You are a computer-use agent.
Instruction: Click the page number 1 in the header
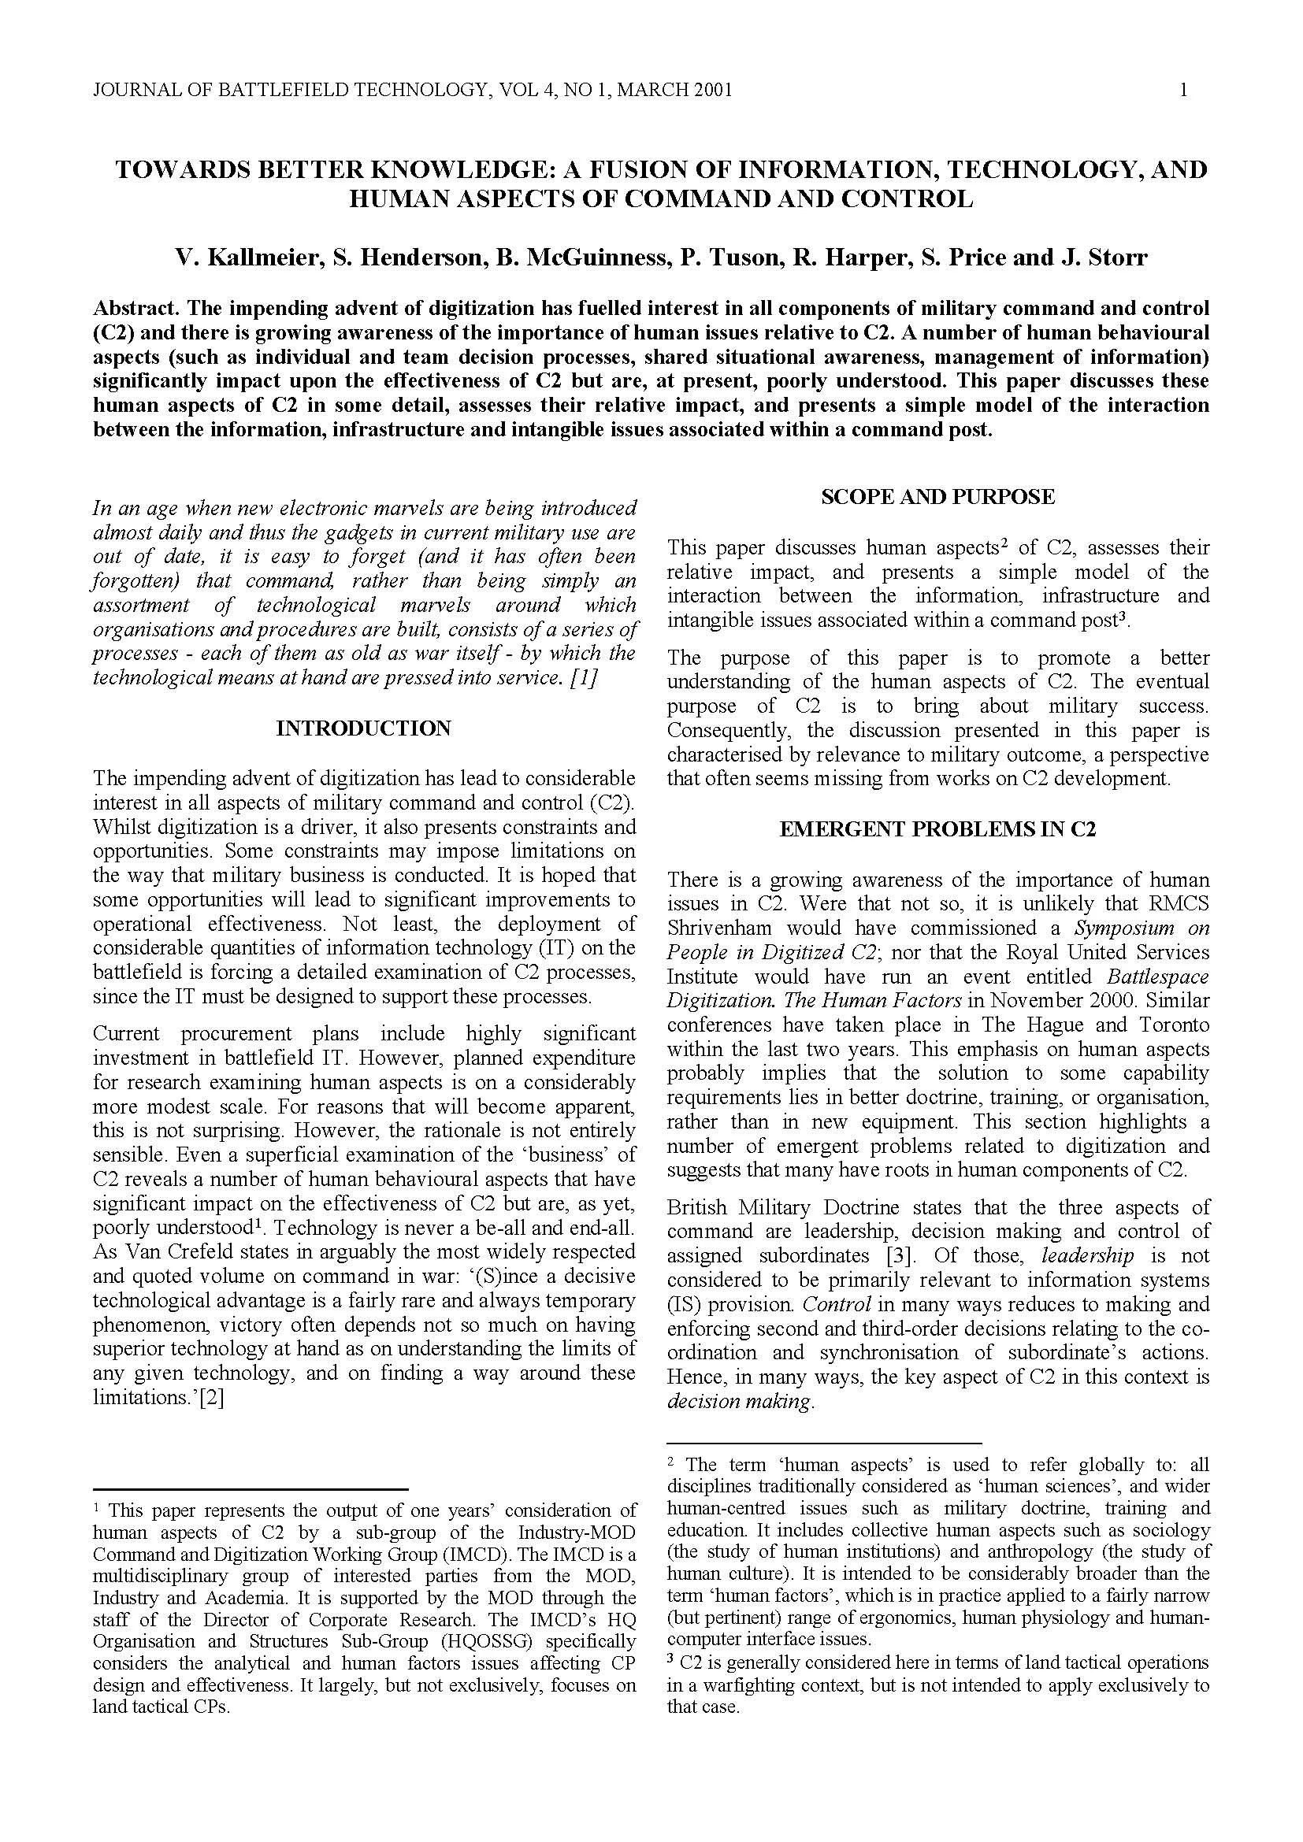(1183, 90)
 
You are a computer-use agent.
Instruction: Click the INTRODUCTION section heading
(363, 728)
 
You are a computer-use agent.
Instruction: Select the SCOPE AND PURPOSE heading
(937, 497)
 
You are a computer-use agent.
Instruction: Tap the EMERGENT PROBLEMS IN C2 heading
(937, 829)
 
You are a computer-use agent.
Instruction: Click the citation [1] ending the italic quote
(583, 678)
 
